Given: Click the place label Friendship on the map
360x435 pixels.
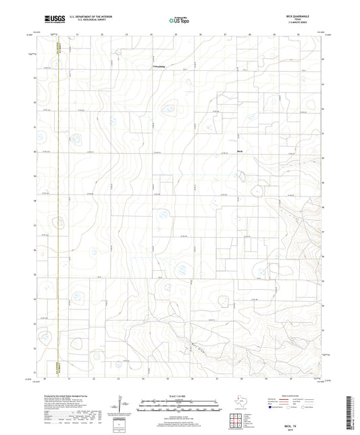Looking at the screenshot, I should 157,67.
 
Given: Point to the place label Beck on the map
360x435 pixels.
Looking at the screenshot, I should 239,151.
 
